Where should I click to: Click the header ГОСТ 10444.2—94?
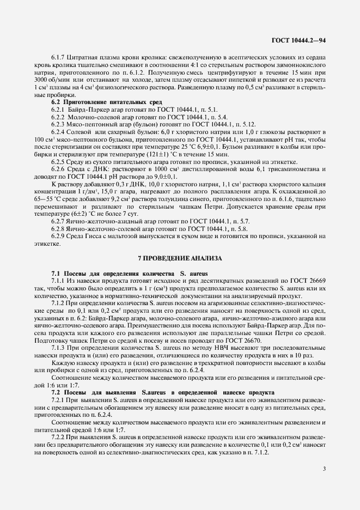coord(298,40)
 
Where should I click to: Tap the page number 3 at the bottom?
coord(324,468)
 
